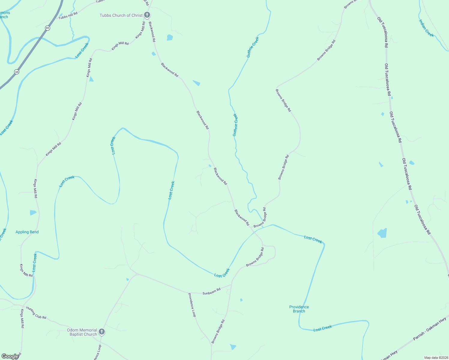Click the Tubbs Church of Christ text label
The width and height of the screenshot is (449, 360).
click(121, 15)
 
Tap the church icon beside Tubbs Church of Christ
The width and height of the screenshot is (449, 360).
click(147, 15)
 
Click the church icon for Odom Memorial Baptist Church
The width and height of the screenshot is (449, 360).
click(102, 331)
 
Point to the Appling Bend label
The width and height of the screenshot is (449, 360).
click(27, 232)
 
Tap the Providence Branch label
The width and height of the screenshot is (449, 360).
click(299, 309)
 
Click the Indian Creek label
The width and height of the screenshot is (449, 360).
click(426, 28)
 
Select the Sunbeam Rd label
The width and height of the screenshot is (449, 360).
click(211, 291)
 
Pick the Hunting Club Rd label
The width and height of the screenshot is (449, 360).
click(36, 313)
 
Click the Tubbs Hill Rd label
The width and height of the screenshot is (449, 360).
click(68, 16)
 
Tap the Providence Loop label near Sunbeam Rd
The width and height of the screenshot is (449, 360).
click(192, 305)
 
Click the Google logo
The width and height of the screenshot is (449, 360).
click(10, 356)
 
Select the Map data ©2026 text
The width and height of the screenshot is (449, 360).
click(435, 358)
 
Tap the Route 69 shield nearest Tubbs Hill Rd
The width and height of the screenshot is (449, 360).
click(47, 28)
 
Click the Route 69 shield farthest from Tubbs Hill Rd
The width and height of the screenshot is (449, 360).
click(17, 72)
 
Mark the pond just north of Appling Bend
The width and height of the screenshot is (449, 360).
click(33, 213)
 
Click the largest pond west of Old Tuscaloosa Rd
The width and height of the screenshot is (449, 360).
click(382, 233)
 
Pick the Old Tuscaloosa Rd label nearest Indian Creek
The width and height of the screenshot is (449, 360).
click(383, 32)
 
